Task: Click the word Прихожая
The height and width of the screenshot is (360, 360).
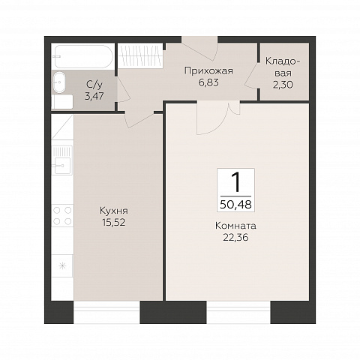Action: pyautogui.click(x=208, y=71)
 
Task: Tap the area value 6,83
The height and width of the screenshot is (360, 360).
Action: pyautogui.click(x=208, y=82)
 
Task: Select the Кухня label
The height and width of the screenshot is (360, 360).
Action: pyautogui.click(x=114, y=211)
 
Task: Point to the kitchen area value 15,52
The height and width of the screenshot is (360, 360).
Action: pyautogui.click(x=114, y=222)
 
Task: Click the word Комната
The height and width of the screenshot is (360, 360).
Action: pyautogui.click(x=235, y=226)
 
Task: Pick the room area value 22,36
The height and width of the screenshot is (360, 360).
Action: pyautogui.click(x=235, y=238)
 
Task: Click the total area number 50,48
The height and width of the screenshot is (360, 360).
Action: pyautogui.click(x=235, y=205)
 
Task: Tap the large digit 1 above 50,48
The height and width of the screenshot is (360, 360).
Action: pyautogui.click(x=235, y=183)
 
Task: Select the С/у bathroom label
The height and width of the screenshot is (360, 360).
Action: pyautogui.click(x=94, y=85)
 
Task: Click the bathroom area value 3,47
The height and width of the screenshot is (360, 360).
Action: pyautogui.click(x=94, y=96)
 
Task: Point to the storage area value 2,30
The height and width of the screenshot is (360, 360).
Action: pyautogui.click(x=283, y=85)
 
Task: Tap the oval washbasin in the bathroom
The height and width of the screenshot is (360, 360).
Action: pyautogui.click(x=59, y=82)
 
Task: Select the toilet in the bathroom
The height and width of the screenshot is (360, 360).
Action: pyautogui.click(x=62, y=102)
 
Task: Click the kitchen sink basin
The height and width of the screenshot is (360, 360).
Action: pyautogui.click(x=62, y=165)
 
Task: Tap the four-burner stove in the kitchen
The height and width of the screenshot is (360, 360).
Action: pyautogui.click(x=62, y=216)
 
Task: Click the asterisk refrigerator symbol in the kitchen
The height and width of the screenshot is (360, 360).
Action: pyautogui.click(x=62, y=265)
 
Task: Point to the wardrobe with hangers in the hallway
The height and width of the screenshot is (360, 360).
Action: pyautogui.click(x=140, y=56)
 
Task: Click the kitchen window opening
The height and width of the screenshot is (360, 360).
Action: pyautogui.click(x=106, y=312)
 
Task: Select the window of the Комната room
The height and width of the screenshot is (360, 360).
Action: pyautogui.click(x=238, y=312)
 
